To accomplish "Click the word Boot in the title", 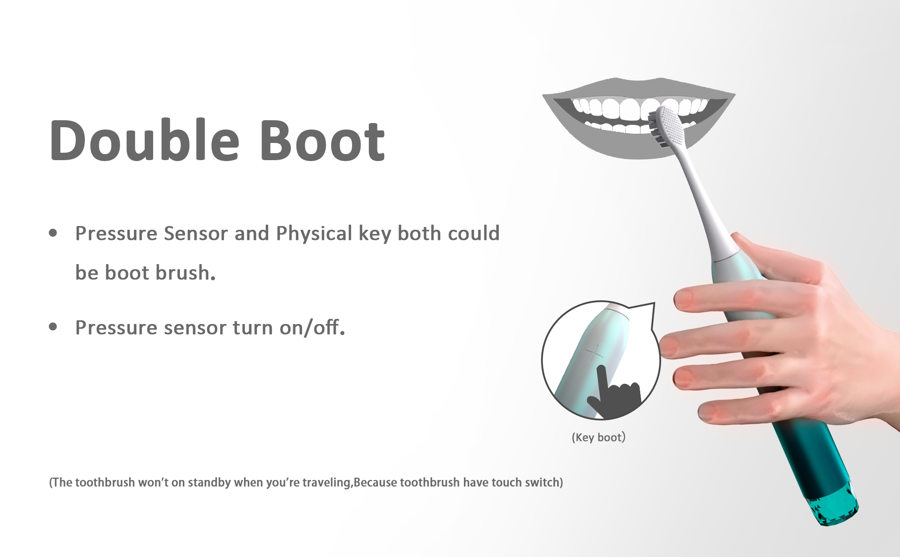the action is [x=323, y=141].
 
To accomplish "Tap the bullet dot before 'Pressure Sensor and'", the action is [x=53, y=233].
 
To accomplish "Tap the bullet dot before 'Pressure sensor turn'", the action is [x=53, y=327].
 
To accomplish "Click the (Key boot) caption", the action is [x=598, y=437].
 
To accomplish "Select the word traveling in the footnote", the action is [x=327, y=483].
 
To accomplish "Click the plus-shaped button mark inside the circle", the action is [x=593, y=355].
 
